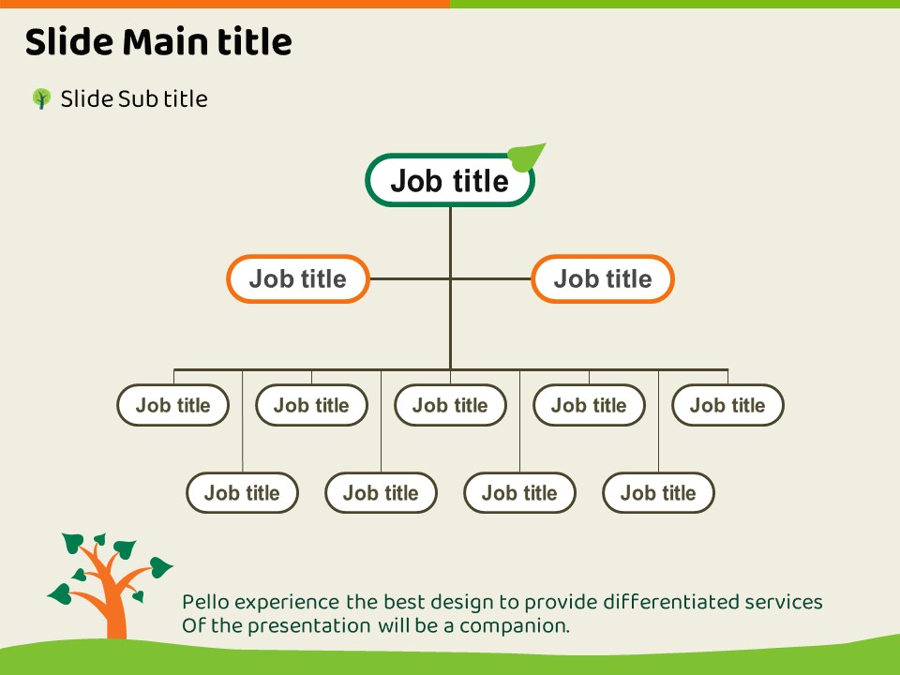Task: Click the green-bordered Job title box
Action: tap(449, 181)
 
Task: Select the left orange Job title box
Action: tap(298, 278)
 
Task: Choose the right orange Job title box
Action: tap(603, 278)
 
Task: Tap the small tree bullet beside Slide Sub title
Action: tap(41, 98)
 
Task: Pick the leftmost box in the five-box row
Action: tap(173, 405)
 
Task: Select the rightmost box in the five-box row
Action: tap(727, 405)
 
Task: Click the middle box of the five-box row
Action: tap(450, 405)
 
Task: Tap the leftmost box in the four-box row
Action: tap(242, 493)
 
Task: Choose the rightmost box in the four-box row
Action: tap(658, 493)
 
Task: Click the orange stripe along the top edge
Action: tap(225, 4)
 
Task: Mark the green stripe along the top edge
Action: tap(675, 4)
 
